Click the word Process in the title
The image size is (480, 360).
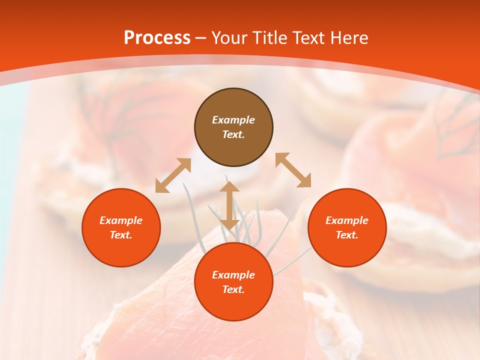click(x=157, y=38)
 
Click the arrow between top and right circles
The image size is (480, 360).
click(x=293, y=170)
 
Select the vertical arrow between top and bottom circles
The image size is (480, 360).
click(x=229, y=205)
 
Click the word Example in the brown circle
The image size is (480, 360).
click(x=233, y=120)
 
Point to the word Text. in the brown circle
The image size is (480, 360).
click(x=233, y=134)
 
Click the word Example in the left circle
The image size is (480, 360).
click(x=121, y=220)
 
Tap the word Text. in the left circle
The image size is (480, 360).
click(x=121, y=235)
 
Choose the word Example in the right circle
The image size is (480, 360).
click(x=347, y=220)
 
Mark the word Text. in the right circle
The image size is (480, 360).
click(x=347, y=235)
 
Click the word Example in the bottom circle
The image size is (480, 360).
click(x=233, y=275)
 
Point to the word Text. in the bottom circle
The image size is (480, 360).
click(x=233, y=289)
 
